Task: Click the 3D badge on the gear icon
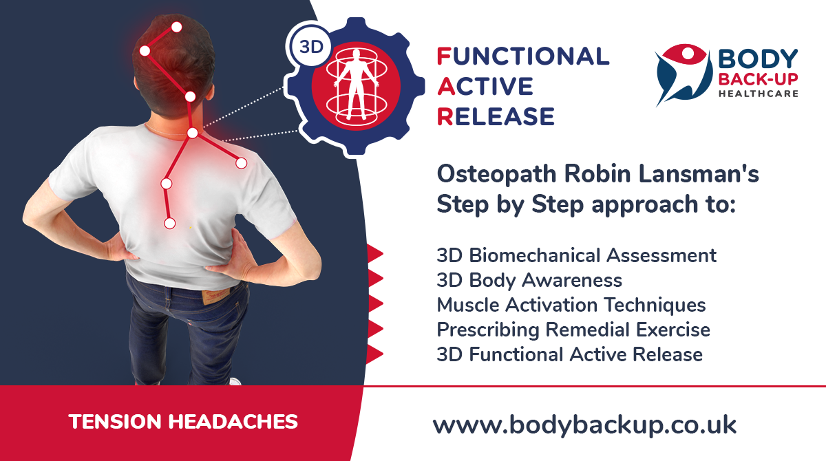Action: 311,47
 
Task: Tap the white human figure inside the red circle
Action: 357,85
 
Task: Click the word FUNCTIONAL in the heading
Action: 523,56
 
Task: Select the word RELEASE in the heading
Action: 496,116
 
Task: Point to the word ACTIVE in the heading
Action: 485,86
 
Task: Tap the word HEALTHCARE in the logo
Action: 758,94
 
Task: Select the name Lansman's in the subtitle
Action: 699,174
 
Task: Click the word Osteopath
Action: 496,175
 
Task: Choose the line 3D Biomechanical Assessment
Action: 576,255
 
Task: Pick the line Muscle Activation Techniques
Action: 571,305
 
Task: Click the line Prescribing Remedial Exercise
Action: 573,330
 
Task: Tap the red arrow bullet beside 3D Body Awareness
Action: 375,278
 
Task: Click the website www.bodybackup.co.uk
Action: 584,426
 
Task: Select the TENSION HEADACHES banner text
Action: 183,422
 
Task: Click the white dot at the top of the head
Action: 177,27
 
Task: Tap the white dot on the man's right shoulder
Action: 241,163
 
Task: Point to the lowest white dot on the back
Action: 169,224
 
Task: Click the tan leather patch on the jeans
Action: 216,297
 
